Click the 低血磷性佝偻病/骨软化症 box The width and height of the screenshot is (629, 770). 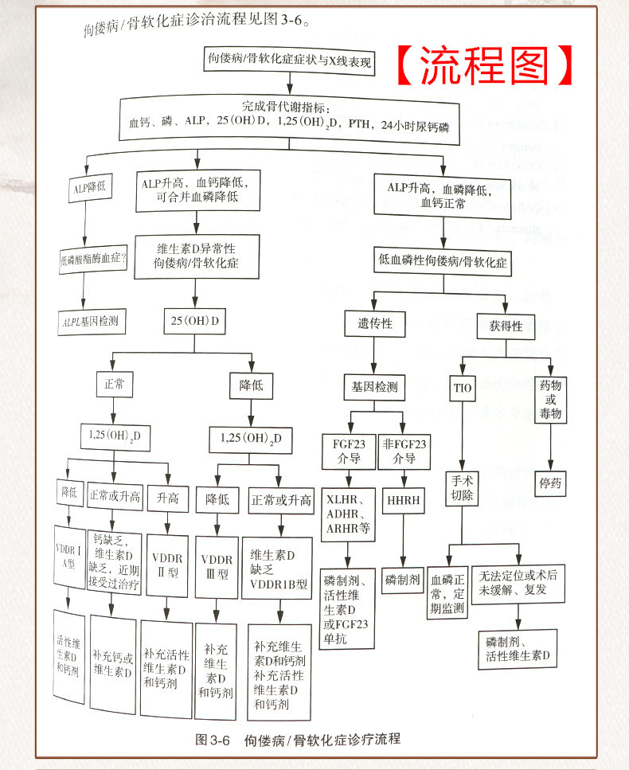443,260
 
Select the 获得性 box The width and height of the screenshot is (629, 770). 506,324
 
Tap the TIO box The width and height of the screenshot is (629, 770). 463,389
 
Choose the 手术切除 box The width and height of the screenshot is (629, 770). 463,490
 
